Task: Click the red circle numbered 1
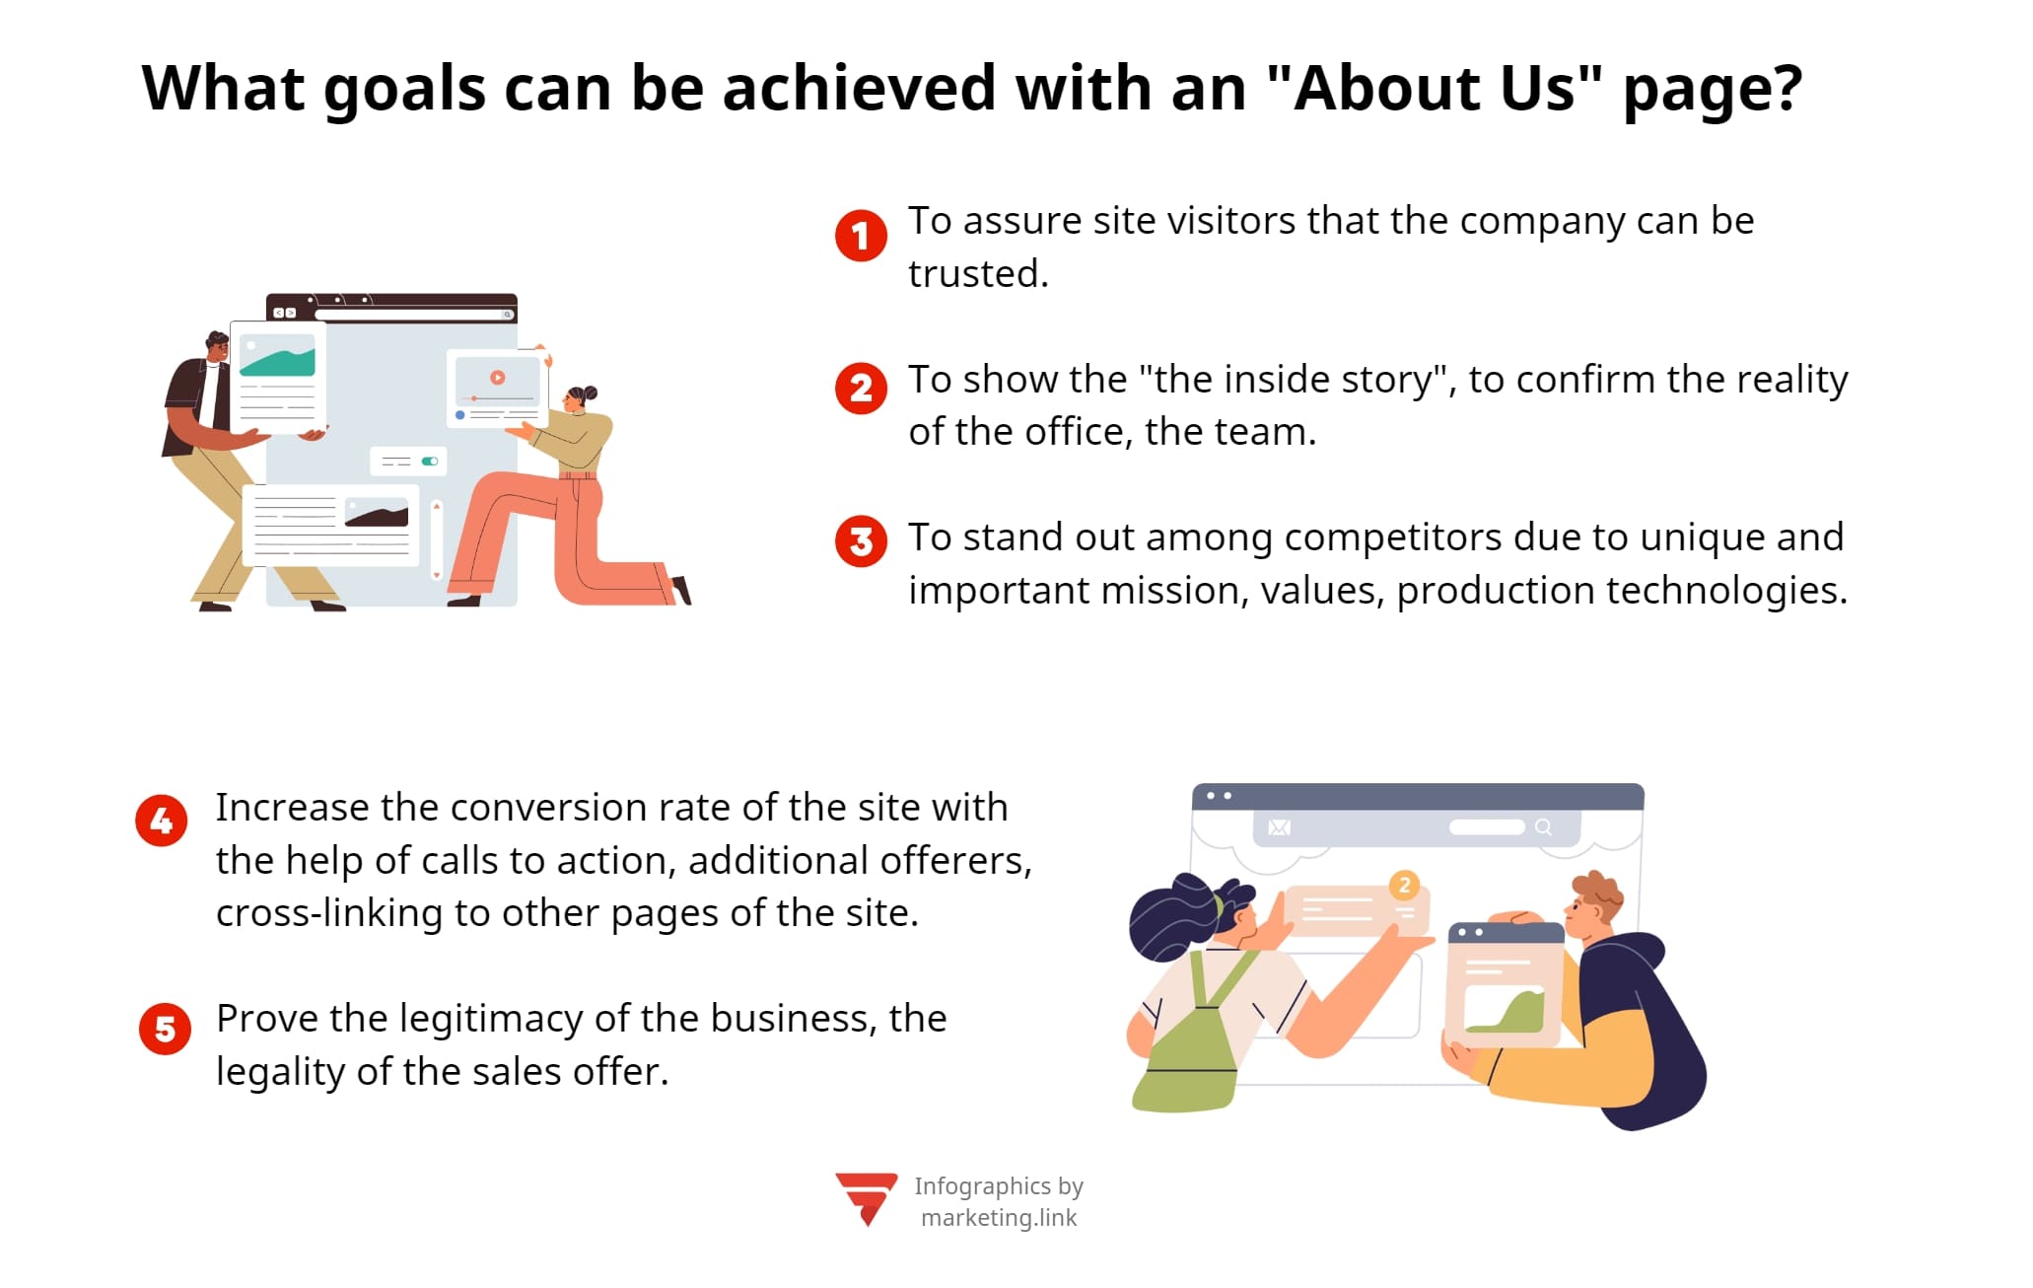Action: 861,236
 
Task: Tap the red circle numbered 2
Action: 861,389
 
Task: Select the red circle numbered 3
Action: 861,541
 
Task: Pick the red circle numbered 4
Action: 162,821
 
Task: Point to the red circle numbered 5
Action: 165,1030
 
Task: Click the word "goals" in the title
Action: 403,89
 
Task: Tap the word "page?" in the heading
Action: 1713,89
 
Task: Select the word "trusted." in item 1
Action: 978,274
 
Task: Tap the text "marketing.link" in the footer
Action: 998,1218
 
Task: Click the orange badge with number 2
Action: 1404,885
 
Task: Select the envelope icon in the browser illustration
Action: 1279,827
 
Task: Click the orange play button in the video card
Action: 498,377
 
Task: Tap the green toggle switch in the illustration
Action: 430,461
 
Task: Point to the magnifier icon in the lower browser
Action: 1543,827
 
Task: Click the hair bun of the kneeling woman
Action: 590,393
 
